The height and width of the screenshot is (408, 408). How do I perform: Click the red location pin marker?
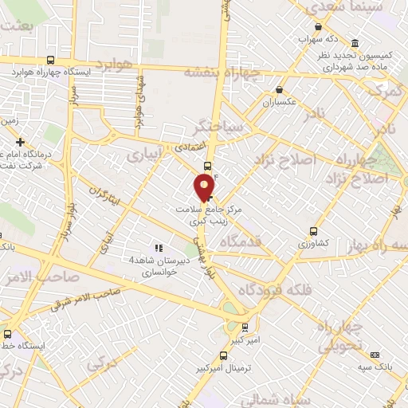[x=206, y=186]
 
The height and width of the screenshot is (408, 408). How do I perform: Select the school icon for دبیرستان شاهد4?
[x=158, y=248]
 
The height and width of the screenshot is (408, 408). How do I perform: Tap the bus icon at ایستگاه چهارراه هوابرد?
[x=51, y=60]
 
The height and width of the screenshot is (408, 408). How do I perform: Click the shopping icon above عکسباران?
[x=278, y=90]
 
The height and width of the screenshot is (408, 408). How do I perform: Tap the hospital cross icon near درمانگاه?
[x=19, y=141]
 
